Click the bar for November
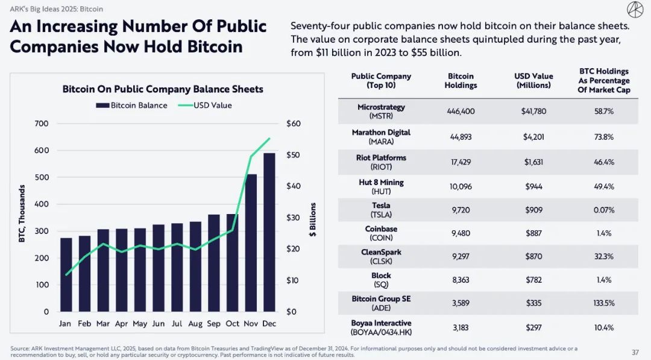point(251,242)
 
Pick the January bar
point(66,274)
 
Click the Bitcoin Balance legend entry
point(131,106)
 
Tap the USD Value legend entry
point(205,106)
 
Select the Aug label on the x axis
point(195,324)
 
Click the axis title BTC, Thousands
point(22,214)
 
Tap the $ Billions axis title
point(313,219)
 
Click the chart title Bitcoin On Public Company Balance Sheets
point(163,89)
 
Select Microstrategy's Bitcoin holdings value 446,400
point(461,112)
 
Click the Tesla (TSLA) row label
point(381,210)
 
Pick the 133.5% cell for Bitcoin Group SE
point(603,303)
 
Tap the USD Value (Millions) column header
point(533,81)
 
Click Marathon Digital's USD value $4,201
point(533,137)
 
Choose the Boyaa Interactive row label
point(381,327)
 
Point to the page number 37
point(635,352)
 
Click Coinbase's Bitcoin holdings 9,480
point(461,233)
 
